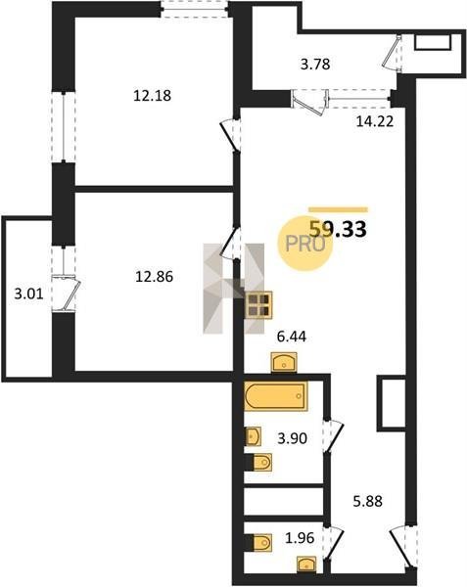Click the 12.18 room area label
[152, 96]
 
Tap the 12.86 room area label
[155, 277]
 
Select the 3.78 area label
[315, 64]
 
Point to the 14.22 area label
[375, 121]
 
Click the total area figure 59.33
[338, 229]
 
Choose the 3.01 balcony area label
[28, 293]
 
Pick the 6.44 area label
[291, 337]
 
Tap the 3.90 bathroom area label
[292, 437]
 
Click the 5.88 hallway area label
[368, 501]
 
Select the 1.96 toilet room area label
[300, 538]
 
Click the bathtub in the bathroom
[276, 396]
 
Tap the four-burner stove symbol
[259, 304]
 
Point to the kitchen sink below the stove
[284, 362]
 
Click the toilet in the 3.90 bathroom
[262, 463]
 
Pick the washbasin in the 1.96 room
[306, 564]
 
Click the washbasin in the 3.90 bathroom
[253, 436]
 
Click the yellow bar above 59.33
[338, 209]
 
